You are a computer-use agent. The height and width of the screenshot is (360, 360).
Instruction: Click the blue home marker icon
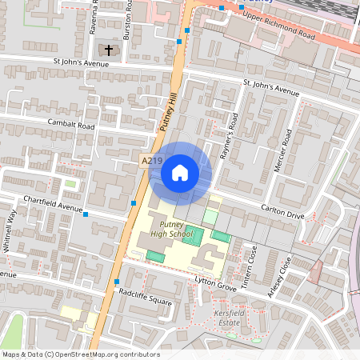tap(180, 171)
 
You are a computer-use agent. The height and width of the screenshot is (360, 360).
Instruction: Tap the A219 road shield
tap(152, 162)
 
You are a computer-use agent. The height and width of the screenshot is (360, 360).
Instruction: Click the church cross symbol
tap(109, 50)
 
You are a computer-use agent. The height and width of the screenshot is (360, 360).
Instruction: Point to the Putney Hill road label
tap(169, 111)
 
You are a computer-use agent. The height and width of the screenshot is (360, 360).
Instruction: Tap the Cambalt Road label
tap(71, 126)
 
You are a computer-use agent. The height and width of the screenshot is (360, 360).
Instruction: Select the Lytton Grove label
tap(216, 282)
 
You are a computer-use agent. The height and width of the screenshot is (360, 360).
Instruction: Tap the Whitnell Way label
tap(10, 232)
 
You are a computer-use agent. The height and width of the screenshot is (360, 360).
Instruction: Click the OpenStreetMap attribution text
tap(81, 354)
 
